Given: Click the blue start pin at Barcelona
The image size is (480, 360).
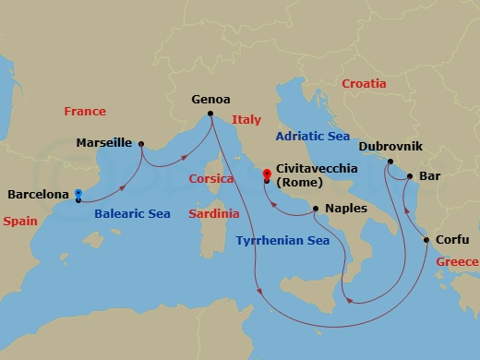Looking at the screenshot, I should click(x=78, y=195).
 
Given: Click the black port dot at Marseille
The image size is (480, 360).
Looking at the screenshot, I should click(x=140, y=143).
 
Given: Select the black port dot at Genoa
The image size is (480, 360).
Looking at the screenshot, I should click(x=210, y=114).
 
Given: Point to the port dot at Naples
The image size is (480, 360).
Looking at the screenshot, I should click(x=317, y=208).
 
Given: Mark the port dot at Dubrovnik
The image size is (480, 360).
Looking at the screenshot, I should click(x=390, y=162).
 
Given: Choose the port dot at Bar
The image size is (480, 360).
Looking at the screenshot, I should click(x=409, y=174).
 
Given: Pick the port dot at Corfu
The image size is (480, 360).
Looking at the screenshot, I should click(x=426, y=240).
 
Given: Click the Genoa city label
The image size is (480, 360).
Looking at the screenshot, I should click(x=210, y=99).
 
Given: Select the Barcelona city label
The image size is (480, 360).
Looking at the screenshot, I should click(x=38, y=195).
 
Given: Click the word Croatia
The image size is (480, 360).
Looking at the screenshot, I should click(x=364, y=84).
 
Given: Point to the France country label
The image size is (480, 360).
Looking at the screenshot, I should click(x=85, y=112).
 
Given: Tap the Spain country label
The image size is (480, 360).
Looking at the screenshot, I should click(x=20, y=222).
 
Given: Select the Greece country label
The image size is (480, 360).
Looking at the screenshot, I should click(x=456, y=262).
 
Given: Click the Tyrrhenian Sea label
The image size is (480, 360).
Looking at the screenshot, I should click(x=282, y=241).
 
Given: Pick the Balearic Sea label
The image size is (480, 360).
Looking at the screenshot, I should click(x=133, y=214).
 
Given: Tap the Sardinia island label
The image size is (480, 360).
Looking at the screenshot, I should click(x=213, y=213).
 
